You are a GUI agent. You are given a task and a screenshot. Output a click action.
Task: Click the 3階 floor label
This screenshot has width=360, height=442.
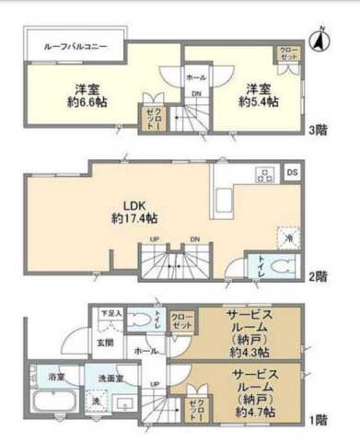(317, 130)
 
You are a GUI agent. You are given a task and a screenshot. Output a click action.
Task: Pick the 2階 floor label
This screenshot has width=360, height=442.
(317, 273)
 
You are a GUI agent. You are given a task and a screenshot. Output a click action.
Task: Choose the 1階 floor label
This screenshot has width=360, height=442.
(317, 420)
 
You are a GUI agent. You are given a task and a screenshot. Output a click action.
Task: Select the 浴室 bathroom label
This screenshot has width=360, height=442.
(57, 378)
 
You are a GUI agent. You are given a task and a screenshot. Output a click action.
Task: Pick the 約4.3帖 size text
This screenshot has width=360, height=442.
(250, 353)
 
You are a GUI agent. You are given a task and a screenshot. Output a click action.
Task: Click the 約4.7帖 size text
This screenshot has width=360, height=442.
(250, 412)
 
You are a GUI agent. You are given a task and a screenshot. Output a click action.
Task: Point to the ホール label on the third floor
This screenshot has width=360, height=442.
(196, 78)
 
